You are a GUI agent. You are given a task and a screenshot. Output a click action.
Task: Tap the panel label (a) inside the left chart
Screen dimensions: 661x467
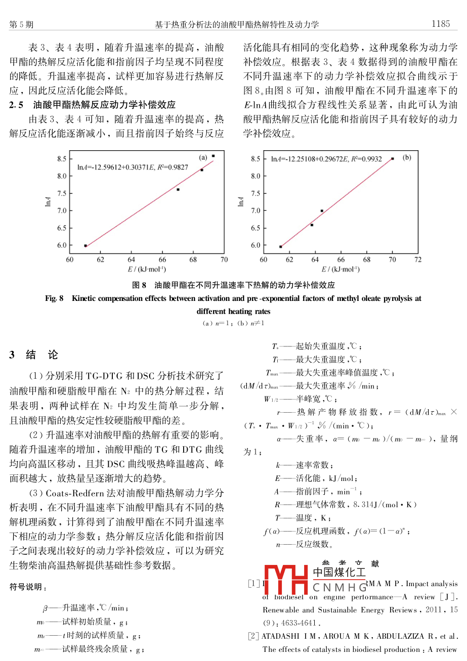(203, 157)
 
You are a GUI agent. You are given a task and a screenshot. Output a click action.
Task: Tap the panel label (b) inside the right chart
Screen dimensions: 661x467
(407, 158)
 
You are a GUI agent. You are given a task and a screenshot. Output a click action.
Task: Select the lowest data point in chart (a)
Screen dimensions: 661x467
(86, 246)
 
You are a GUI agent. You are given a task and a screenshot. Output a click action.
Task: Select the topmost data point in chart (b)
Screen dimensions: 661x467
(393, 159)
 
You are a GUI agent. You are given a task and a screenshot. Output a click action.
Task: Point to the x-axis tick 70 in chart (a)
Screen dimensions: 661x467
(224, 260)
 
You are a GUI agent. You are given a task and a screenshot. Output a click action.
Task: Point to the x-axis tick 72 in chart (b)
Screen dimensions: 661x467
(417, 260)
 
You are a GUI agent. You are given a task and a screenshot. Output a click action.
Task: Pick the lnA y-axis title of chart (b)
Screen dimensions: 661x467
(241, 201)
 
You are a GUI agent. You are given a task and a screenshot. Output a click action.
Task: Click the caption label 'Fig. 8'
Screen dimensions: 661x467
(54, 298)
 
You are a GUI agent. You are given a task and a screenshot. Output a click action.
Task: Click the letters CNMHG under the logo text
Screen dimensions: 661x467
(339, 588)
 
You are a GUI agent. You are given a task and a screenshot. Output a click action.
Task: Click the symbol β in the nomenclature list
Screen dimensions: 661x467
(46, 608)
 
